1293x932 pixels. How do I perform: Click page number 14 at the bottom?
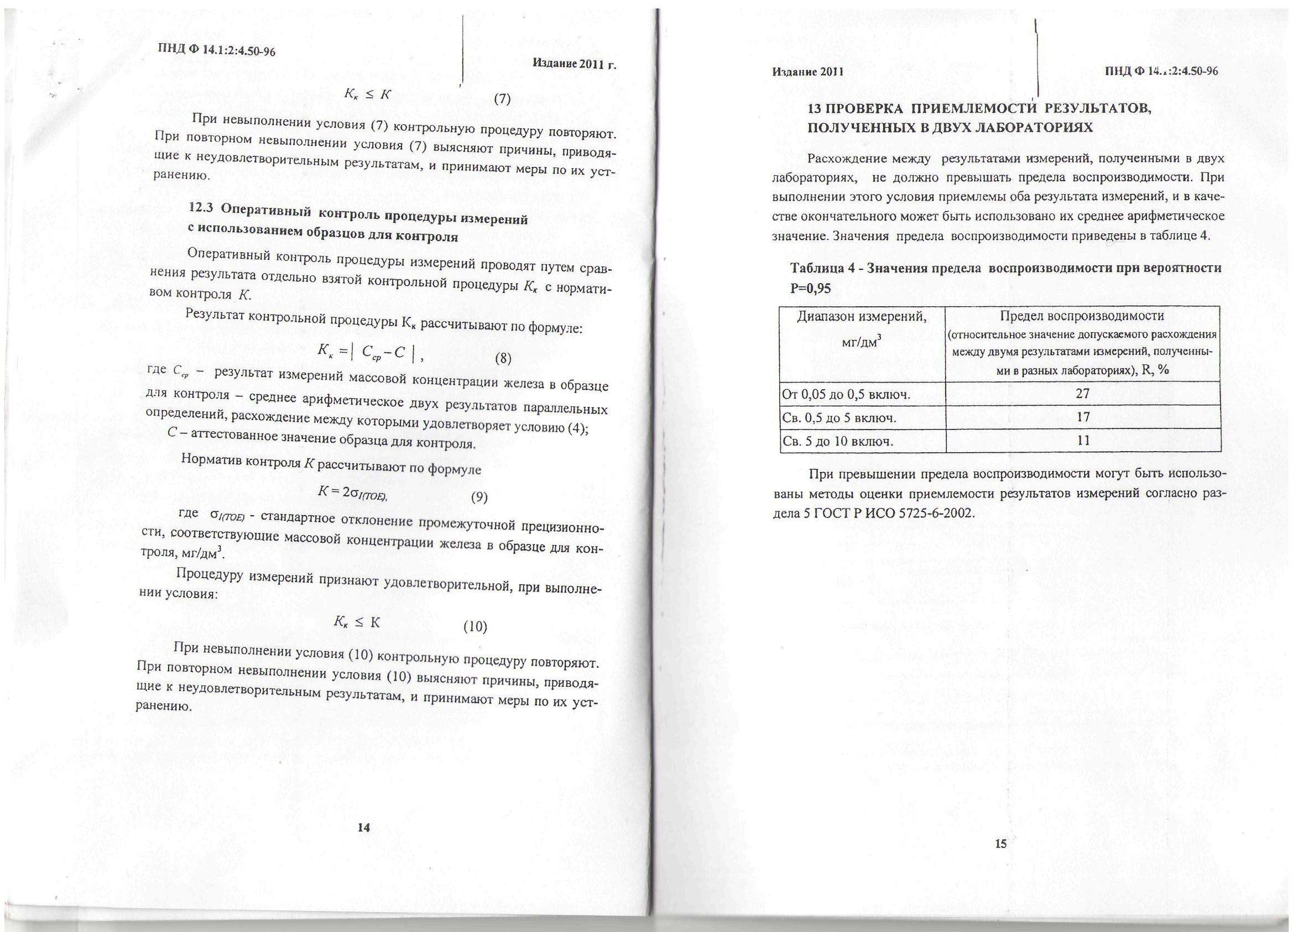364,828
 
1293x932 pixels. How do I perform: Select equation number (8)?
503,358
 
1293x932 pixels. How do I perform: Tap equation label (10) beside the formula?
475,627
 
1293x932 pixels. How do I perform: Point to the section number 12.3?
201,208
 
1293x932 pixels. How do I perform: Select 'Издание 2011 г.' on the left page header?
575,64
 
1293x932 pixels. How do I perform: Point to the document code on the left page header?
217,50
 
